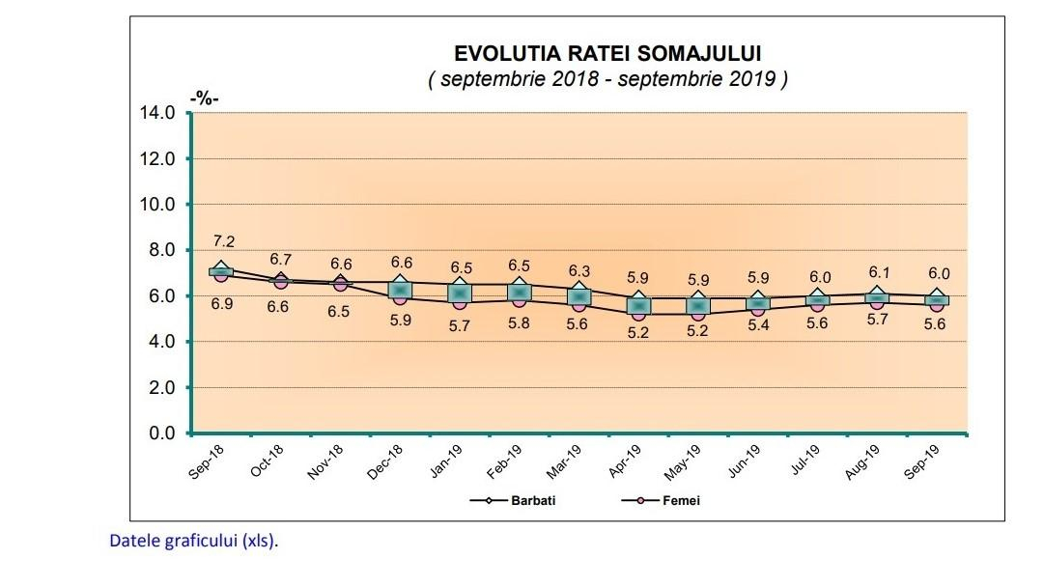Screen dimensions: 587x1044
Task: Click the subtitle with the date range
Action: [607, 79]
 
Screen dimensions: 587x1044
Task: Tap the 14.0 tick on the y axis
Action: [158, 113]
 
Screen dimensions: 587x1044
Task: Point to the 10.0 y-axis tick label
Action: [158, 205]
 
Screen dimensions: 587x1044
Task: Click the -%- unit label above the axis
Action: [205, 98]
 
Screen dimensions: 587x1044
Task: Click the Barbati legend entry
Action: [533, 501]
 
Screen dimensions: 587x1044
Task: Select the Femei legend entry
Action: [681, 501]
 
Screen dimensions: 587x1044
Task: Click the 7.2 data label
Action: [223, 241]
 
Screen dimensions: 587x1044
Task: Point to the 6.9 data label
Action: [223, 304]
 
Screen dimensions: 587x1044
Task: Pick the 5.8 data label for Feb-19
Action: [520, 323]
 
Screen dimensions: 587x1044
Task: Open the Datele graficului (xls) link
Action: [193, 541]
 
